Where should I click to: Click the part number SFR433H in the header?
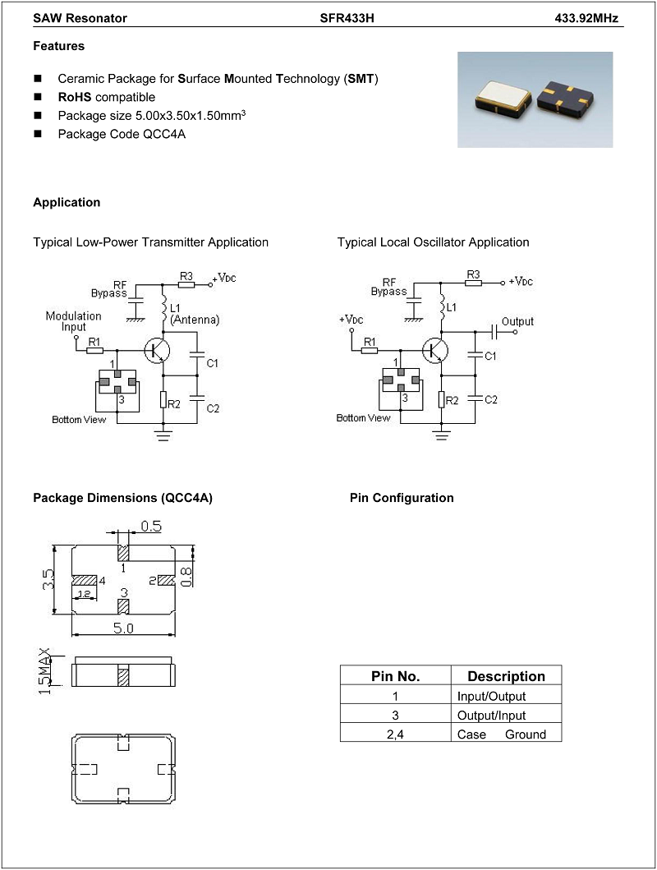pos(347,18)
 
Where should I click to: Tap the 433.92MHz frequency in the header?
pos(586,18)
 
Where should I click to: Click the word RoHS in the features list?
pos(74,97)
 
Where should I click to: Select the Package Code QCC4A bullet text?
pos(122,134)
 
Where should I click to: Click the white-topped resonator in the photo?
pos(503,96)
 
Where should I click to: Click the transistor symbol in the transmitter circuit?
pos(157,350)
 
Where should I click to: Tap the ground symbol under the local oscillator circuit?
pos(441,434)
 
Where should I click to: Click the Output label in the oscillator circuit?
pos(517,322)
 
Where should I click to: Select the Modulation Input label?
pos(74,321)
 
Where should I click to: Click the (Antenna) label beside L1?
pos(195,320)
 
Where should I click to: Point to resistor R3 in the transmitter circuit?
pos(186,284)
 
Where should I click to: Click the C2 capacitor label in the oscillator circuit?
pos(490,399)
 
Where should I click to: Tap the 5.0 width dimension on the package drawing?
pos(123,628)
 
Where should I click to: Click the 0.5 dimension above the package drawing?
pos(151,526)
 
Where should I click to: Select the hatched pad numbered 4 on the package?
pos(85,580)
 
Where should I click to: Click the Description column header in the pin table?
pos(506,676)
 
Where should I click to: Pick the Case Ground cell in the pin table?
pos(502,734)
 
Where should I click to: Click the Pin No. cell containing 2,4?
pos(395,734)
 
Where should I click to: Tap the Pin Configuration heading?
pos(402,498)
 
